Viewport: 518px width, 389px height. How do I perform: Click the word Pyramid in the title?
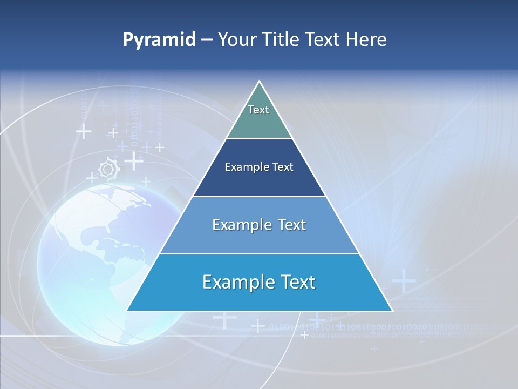pyautogui.click(x=159, y=40)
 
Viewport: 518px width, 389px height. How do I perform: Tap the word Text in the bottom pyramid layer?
pyautogui.click(x=295, y=282)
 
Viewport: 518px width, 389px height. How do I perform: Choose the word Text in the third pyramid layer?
pyautogui.click(x=289, y=225)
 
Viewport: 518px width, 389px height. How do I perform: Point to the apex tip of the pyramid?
pyautogui.click(x=260, y=82)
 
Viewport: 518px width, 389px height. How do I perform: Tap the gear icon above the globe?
pyautogui.click(x=108, y=169)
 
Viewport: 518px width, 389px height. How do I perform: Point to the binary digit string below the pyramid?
pyautogui.click(x=378, y=327)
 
